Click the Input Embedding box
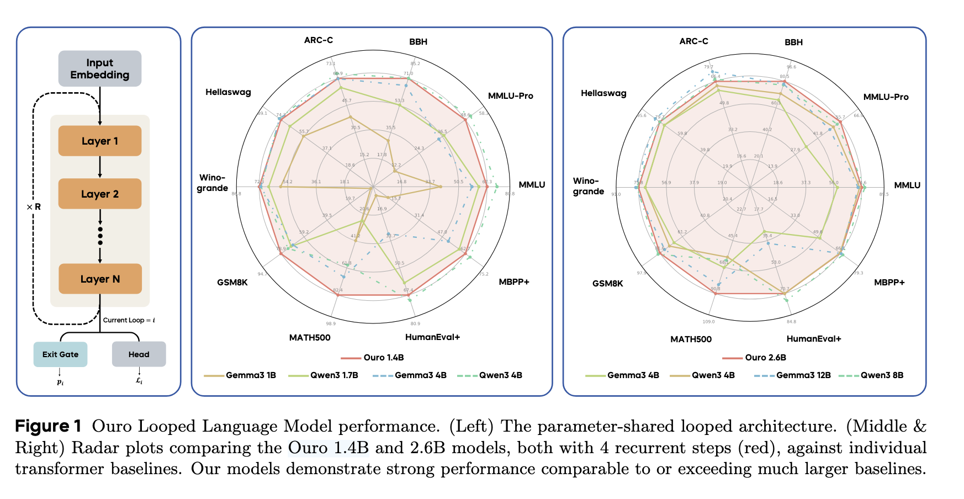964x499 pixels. [100, 69]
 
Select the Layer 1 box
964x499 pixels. [100, 141]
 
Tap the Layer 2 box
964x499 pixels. [100, 194]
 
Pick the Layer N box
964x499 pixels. [100, 279]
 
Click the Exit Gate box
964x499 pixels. [60, 354]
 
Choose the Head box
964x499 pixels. [139, 354]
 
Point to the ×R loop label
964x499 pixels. [34, 207]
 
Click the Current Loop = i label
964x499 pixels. [129, 320]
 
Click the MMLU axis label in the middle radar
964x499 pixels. [532, 185]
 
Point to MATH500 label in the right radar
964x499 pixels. [691, 339]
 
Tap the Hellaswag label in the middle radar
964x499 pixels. [228, 92]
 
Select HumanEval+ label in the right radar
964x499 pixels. [814, 338]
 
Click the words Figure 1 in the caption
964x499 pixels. [48, 426]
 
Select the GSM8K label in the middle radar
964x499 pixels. [232, 283]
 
